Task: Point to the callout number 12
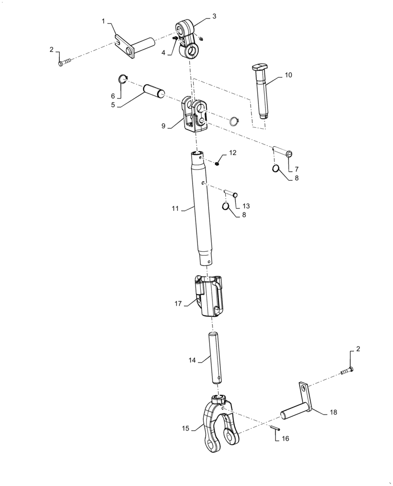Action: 232,153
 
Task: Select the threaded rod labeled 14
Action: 215,356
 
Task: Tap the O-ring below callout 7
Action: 276,169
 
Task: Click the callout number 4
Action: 163,52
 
